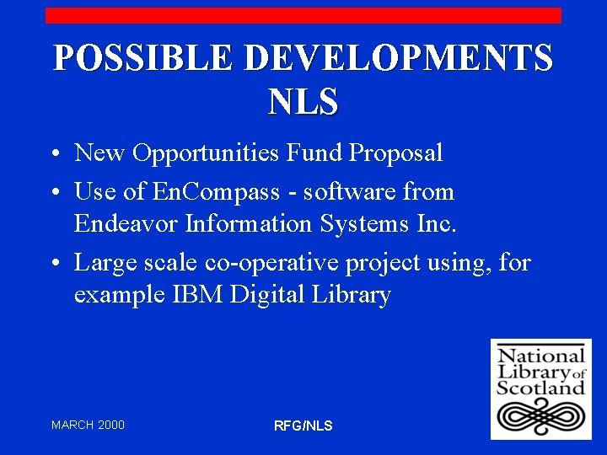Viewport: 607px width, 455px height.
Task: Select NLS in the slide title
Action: point(303,102)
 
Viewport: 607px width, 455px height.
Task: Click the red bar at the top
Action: point(303,15)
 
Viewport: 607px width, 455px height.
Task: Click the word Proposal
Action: point(395,153)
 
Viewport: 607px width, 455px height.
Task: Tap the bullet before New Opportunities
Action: point(53,155)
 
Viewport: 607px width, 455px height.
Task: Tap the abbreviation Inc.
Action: point(437,224)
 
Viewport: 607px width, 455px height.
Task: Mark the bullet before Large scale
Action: point(53,265)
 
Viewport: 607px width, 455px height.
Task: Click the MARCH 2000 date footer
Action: point(88,425)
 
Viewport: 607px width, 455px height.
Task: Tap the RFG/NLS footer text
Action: point(303,426)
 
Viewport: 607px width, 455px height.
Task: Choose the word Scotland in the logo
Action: point(540,388)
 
